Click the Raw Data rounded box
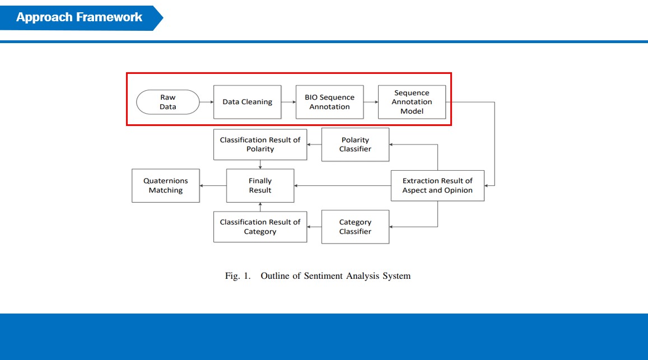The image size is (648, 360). (x=168, y=102)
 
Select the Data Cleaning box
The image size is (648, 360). (x=247, y=102)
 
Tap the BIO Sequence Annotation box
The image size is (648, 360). (x=329, y=102)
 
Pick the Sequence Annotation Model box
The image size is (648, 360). (x=412, y=102)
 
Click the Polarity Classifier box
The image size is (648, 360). (x=355, y=144)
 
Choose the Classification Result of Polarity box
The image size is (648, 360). (x=260, y=144)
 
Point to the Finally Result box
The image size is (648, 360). (x=260, y=185)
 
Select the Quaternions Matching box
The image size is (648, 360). (x=166, y=185)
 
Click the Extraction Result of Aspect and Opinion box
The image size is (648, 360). (x=437, y=185)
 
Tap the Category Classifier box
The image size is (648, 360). (x=355, y=227)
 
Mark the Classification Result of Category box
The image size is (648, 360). (x=260, y=227)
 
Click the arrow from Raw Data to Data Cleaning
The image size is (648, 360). (x=207, y=102)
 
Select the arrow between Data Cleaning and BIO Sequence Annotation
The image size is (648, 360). (x=288, y=102)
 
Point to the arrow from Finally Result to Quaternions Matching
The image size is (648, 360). (x=213, y=185)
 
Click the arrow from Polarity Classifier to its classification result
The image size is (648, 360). (x=314, y=144)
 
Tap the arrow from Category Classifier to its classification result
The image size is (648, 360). (x=314, y=227)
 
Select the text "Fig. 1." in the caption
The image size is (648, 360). (x=237, y=276)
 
